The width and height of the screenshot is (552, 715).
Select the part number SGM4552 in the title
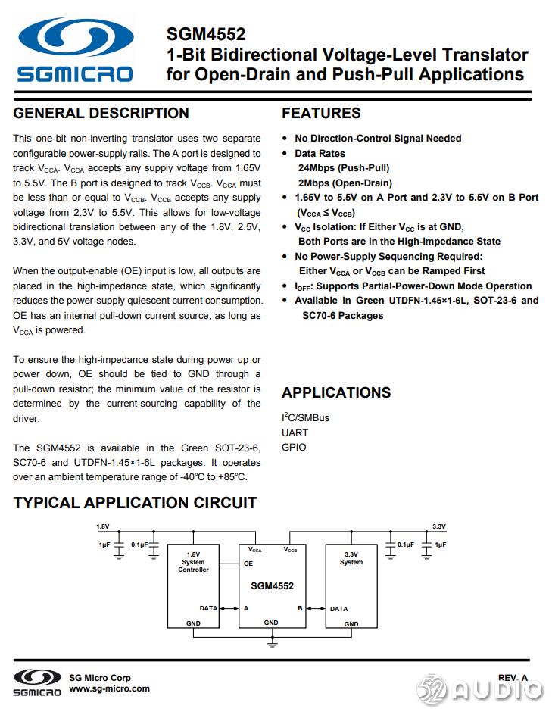[x=206, y=34]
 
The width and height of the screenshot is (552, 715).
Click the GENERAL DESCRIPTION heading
[x=101, y=114]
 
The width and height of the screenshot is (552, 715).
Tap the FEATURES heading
[x=321, y=114]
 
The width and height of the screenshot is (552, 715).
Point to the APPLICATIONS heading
[x=336, y=392]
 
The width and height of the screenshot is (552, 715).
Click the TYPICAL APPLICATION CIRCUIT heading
[x=135, y=503]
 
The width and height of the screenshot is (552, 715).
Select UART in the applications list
[x=295, y=432]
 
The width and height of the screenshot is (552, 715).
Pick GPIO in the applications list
[x=294, y=447]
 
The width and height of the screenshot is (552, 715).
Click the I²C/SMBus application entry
[x=305, y=417]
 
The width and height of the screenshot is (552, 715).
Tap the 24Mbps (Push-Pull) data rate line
[x=343, y=167]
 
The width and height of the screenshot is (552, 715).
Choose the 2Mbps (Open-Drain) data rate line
[x=345, y=183]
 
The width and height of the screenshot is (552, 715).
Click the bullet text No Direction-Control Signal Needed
[x=378, y=138]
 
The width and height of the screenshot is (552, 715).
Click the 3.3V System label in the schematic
[x=351, y=558]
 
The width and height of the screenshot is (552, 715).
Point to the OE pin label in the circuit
[x=248, y=564]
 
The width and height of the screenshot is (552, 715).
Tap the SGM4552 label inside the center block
[x=272, y=585]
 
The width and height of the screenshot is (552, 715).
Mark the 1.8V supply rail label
[x=102, y=526]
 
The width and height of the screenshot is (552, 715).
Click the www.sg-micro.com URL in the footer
[x=109, y=688]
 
